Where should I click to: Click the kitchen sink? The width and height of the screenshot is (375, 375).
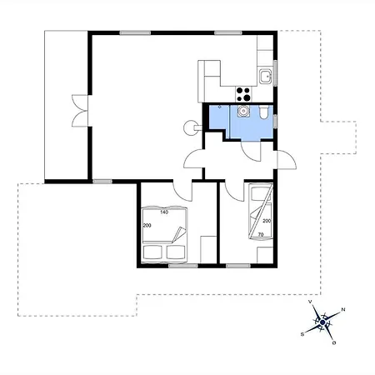point(266,76)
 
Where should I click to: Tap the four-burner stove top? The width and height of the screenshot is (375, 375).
point(243,94)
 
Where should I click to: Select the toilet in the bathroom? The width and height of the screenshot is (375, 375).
point(263,112)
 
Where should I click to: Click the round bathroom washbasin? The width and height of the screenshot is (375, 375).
point(243,111)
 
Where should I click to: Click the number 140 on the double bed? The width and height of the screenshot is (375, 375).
point(164,212)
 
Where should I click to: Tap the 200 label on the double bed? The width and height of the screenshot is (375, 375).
point(147,226)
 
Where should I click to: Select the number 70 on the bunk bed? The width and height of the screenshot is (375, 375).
point(261,235)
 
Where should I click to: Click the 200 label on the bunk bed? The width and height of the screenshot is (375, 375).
point(267,221)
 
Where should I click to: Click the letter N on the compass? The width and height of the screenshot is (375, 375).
point(343,309)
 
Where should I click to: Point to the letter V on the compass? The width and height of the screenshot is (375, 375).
point(310,302)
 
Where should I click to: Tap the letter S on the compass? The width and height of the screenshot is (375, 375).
point(302,334)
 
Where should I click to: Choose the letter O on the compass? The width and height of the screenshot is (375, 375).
point(334,342)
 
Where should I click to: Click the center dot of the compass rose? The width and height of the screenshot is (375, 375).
point(322,322)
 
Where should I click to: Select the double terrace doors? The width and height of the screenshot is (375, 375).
point(80,111)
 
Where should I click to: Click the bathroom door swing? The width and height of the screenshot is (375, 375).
point(251,152)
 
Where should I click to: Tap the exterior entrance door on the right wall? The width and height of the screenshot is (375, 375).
point(287,160)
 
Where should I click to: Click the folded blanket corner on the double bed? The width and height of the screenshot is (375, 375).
point(179,235)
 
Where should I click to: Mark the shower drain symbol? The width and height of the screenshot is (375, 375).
point(219,107)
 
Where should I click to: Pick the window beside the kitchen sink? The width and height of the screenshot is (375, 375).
point(275,72)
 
